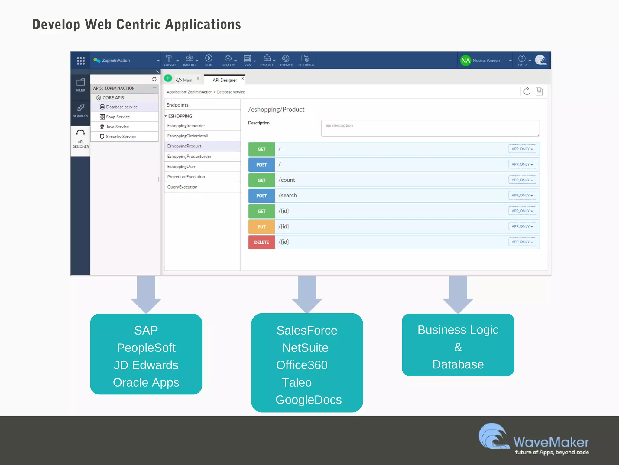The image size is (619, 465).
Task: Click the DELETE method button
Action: (x=261, y=242)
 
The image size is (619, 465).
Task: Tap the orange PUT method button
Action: (x=261, y=227)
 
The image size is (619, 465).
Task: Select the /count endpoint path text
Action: (x=287, y=180)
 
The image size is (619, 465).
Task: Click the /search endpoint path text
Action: (x=287, y=195)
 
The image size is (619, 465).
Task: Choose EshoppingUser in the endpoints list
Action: (x=181, y=167)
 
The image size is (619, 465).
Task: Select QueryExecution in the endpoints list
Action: (x=182, y=187)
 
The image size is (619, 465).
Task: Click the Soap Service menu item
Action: (x=118, y=117)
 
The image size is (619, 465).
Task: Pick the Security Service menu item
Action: (x=121, y=137)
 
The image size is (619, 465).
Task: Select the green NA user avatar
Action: (x=465, y=60)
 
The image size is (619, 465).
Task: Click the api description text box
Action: (x=430, y=128)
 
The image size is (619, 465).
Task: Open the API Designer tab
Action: (x=225, y=80)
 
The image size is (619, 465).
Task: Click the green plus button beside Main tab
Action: (x=168, y=78)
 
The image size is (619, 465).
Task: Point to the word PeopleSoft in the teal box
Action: (x=146, y=348)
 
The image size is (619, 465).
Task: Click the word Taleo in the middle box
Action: (x=297, y=382)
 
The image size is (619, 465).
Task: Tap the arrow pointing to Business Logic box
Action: (x=458, y=294)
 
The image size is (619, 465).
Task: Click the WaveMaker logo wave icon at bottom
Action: (x=493, y=436)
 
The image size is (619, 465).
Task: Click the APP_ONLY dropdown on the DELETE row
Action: (x=522, y=242)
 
